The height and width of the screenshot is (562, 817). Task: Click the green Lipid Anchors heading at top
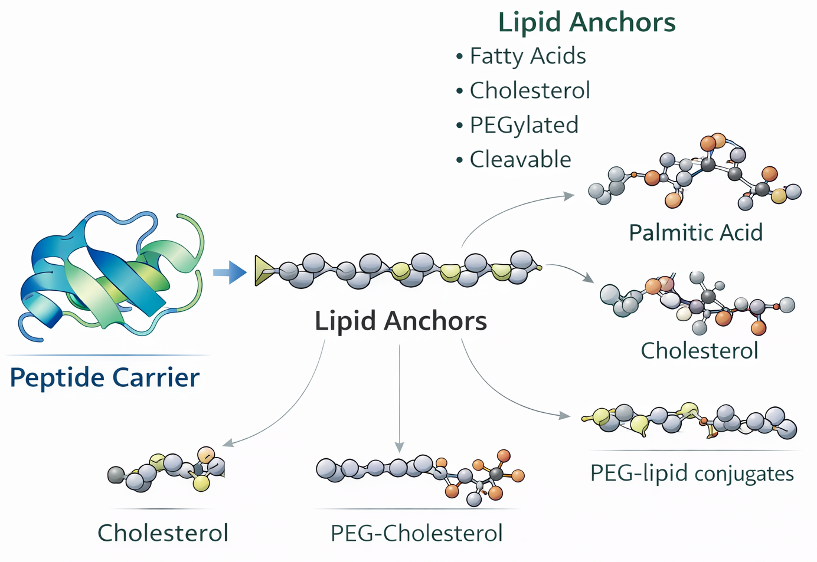click(586, 22)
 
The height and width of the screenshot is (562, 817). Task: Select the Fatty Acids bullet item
click(527, 56)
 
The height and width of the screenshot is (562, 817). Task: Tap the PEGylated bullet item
click(524, 125)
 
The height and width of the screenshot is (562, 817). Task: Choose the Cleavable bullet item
click(520, 159)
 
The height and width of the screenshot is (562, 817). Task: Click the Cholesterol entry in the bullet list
click(530, 91)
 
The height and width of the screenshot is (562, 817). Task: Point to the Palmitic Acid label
click(695, 232)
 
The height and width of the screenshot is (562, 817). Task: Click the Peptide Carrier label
click(104, 377)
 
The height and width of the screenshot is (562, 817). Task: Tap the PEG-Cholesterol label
click(416, 533)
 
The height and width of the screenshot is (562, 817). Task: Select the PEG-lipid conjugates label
click(692, 473)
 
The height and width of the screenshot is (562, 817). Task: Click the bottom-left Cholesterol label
click(162, 533)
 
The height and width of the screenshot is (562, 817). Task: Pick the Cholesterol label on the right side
click(699, 350)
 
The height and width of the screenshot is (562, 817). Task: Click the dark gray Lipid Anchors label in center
click(400, 321)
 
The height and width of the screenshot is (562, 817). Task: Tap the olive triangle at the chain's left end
click(262, 271)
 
